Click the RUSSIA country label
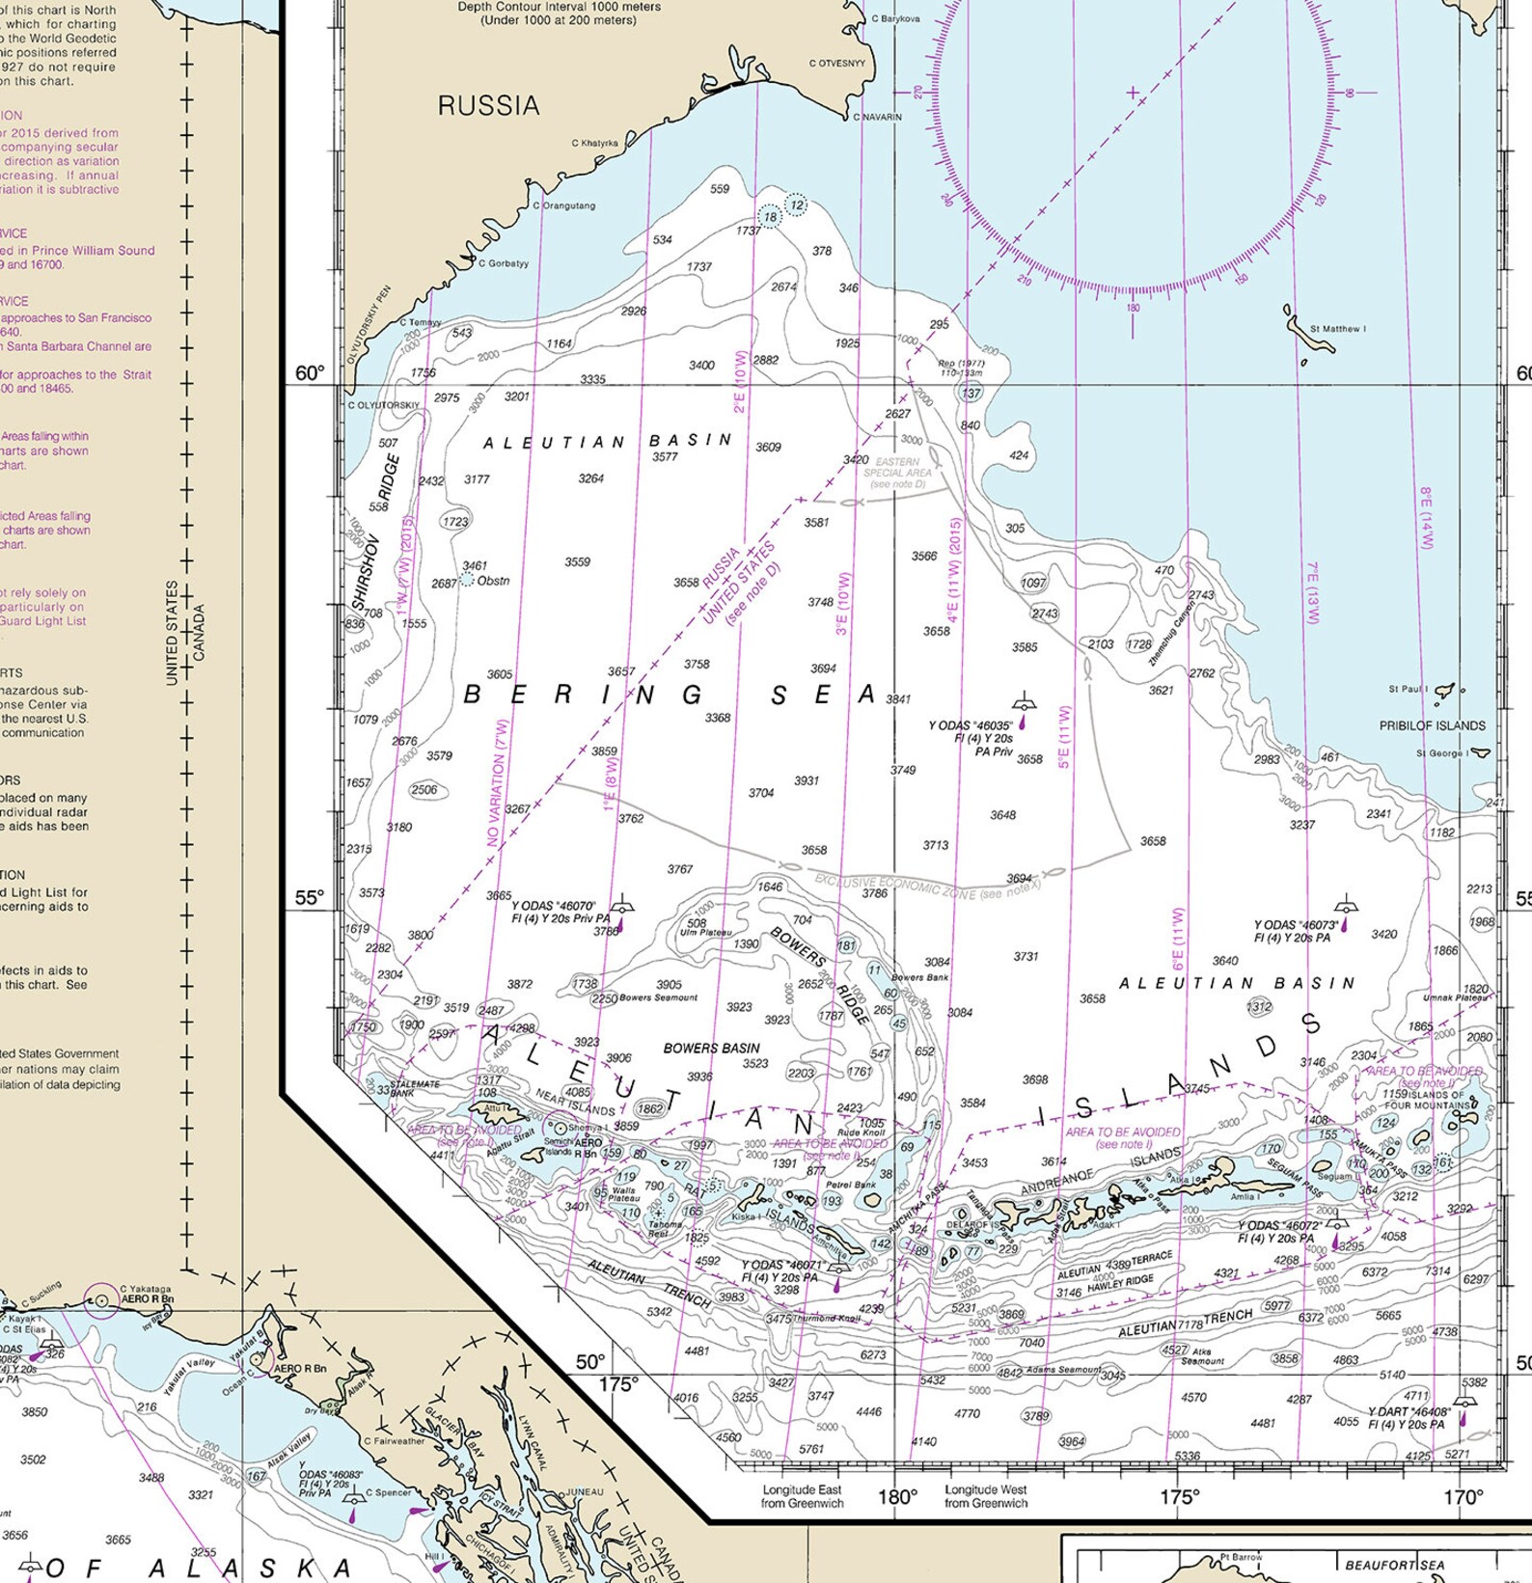(x=488, y=105)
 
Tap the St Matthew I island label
(x=1337, y=329)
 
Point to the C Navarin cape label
(x=878, y=117)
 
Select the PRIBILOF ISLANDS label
(x=1432, y=725)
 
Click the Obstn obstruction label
(x=493, y=581)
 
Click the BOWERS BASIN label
(x=711, y=1048)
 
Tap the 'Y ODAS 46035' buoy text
(x=970, y=725)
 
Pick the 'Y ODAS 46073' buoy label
(x=1296, y=925)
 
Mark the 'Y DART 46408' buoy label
(x=1409, y=1411)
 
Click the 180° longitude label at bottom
(x=897, y=1496)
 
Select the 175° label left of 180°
(x=617, y=1384)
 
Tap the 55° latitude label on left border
(x=310, y=897)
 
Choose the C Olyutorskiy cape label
(x=384, y=405)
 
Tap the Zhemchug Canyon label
(x=1172, y=633)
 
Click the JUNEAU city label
(x=584, y=1491)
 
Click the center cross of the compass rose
(x=1133, y=94)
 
